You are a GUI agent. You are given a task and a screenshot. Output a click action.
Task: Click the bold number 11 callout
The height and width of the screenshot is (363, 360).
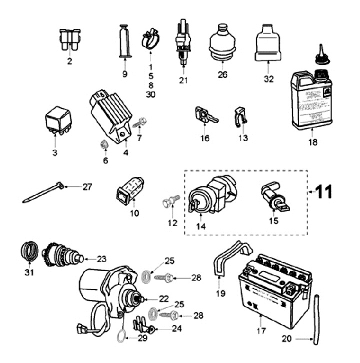[x=324, y=191]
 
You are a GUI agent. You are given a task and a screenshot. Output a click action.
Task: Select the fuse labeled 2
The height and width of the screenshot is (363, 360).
[x=69, y=39]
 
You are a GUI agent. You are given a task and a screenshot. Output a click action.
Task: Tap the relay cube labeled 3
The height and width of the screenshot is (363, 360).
[x=58, y=121]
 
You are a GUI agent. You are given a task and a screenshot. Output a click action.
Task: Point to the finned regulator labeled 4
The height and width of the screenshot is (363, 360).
[x=110, y=116]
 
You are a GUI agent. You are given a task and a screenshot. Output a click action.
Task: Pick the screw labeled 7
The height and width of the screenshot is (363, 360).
[x=140, y=122]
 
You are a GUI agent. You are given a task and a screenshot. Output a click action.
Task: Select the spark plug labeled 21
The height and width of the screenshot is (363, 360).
[x=183, y=42]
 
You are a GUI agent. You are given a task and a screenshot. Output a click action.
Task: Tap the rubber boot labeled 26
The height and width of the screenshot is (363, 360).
[x=222, y=43]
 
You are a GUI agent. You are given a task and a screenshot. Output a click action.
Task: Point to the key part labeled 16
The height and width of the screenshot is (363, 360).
[x=205, y=115]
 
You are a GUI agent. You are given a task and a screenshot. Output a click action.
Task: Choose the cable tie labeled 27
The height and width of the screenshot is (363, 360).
[x=43, y=192]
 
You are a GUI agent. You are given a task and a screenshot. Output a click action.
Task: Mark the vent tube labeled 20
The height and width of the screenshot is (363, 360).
[x=316, y=319]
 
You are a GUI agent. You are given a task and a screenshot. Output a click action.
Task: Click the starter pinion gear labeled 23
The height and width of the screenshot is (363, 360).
[x=62, y=254]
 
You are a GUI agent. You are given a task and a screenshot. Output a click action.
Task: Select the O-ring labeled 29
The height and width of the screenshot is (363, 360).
[x=121, y=337]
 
